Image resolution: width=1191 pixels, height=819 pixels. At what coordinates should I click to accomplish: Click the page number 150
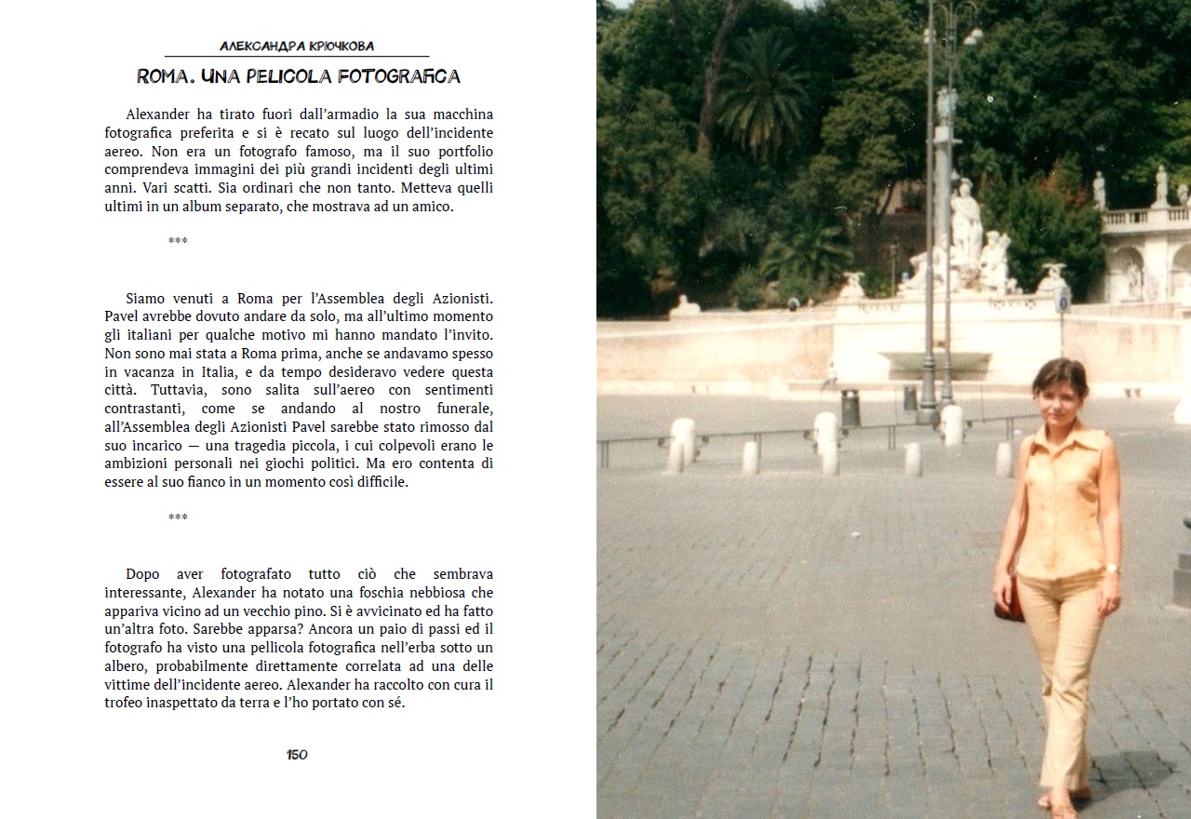click(297, 755)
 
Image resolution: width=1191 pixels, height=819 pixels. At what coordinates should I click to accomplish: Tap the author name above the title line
click(297, 46)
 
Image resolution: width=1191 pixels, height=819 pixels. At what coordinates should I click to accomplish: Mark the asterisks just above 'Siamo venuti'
click(178, 241)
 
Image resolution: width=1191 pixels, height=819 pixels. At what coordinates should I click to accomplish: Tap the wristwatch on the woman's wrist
click(1111, 569)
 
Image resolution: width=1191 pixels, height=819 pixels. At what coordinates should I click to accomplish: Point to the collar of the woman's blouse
click(1060, 436)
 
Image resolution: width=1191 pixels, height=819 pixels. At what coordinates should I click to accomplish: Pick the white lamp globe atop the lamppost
click(972, 35)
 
